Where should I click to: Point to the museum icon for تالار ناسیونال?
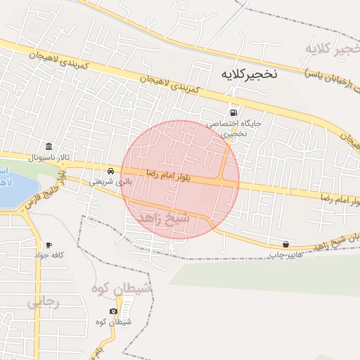tap(48, 146)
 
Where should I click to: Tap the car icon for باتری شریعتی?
tap(111, 171)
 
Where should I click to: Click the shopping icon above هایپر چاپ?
tap(285, 244)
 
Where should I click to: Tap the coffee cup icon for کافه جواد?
tap(49, 245)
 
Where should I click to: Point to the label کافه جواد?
tap(50, 255)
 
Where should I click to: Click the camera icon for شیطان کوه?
tap(113, 311)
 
